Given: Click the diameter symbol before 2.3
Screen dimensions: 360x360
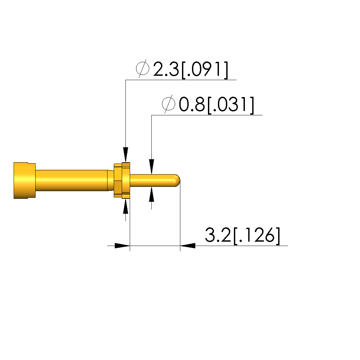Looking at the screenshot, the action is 143,69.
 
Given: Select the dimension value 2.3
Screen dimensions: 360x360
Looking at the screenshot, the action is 166,69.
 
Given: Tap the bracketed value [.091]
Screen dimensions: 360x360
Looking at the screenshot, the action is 205,70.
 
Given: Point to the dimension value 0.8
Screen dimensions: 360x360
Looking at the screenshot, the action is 192,104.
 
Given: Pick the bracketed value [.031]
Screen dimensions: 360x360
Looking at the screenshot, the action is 231,105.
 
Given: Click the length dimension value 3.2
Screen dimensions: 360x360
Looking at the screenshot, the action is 218,235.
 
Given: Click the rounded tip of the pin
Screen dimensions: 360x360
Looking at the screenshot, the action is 178,180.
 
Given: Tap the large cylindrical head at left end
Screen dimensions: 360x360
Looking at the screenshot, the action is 25,180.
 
